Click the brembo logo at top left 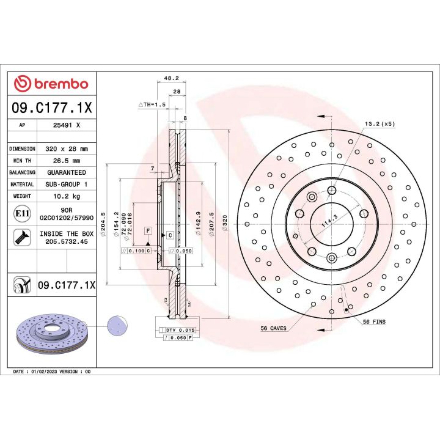pos(52,84)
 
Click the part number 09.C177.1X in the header pos(52,109)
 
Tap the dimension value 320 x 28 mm pos(67,148)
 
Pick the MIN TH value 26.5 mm pos(67,160)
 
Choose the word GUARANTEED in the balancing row pos(67,172)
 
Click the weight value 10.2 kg pos(67,196)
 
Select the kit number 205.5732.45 pos(67,241)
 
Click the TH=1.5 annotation pos(153,105)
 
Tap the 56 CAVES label pos(273,328)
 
